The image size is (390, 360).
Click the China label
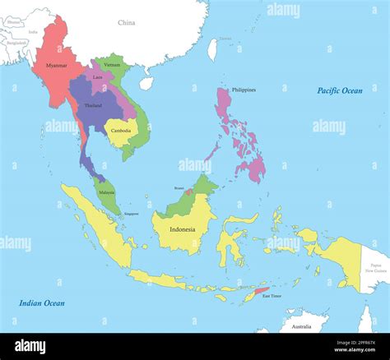tap(126, 23)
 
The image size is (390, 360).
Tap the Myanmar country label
tap(57, 65)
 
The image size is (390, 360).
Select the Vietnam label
tap(112, 64)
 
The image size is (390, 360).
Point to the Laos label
tap(98, 76)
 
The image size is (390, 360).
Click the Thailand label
tap(93, 105)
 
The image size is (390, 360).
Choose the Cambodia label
tap(121, 131)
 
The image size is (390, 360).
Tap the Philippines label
tap(244, 90)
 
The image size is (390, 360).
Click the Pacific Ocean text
tap(340, 90)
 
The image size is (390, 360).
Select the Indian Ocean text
tap(41, 302)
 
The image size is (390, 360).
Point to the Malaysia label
tap(106, 192)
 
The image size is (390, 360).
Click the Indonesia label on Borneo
tap(182, 229)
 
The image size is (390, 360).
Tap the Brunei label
tap(179, 187)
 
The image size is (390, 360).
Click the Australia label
tap(295, 326)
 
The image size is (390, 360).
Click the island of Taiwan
tap(212, 49)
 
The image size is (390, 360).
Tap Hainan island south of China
tap(146, 83)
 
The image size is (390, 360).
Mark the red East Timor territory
tap(262, 291)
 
